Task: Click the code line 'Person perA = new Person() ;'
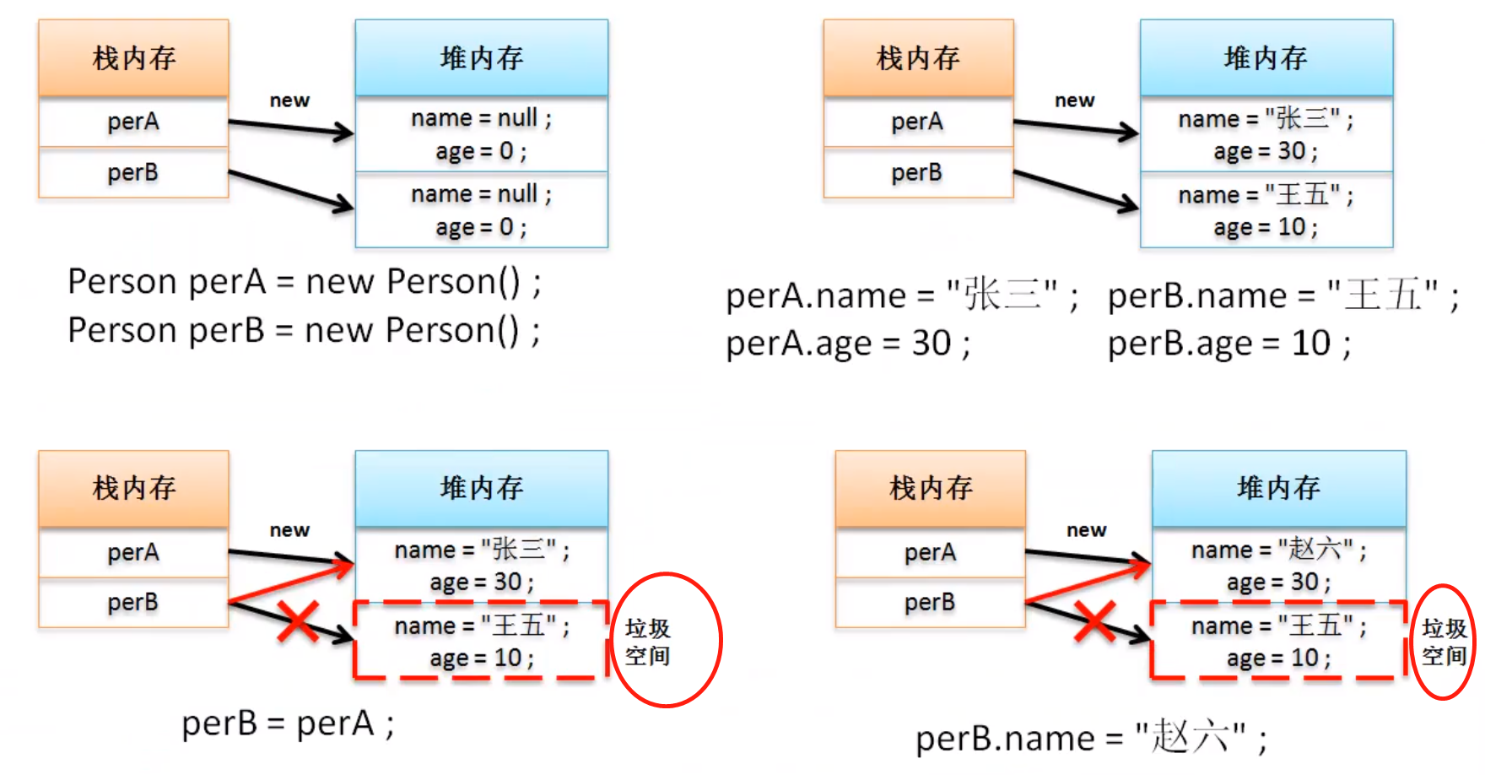[x=304, y=282]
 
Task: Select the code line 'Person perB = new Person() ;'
[x=304, y=330]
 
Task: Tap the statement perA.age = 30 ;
[x=848, y=344]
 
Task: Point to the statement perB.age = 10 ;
[x=1229, y=344]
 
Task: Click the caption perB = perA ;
[x=288, y=724]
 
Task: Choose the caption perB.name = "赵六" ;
[x=1091, y=739]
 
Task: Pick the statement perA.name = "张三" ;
[x=901, y=295]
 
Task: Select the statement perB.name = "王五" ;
[x=1282, y=295]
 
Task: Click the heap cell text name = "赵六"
[x=1278, y=550]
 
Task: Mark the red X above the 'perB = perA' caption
[x=298, y=621]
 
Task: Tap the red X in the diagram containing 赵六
[x=1094, y=621]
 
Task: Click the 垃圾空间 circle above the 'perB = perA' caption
[x=667, y=640]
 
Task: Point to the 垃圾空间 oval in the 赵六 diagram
[x=1444, y=642]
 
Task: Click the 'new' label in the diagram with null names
[x=289, y=100]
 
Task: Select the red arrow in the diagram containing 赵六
[x=1088, y=583]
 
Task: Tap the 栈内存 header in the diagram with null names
[x=133, y=58]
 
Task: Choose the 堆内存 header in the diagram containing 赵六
[x=1278, y=488]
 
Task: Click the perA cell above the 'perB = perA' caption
[x=133, y=552]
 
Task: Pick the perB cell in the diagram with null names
[x=133, y=173]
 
